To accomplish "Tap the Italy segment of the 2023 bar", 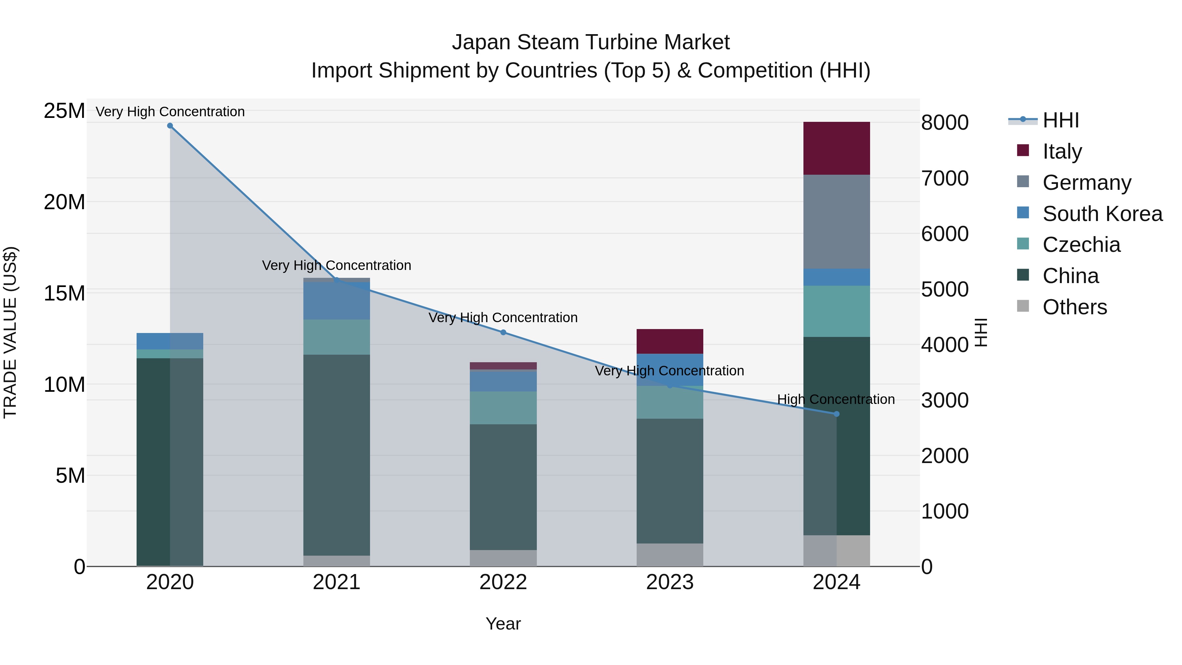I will click(669, 341).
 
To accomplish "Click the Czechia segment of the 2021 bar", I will click(336, 337).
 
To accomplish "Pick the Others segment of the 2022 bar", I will click(503, 558).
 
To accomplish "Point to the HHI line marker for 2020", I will click(170, 126).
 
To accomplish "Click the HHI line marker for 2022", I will click(503, 332).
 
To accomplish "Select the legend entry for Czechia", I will click(1081, 245).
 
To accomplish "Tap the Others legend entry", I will click(1074, 307).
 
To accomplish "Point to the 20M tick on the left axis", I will click(64, 202).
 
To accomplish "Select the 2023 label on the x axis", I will click(669, 582).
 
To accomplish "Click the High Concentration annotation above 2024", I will click(836, 399).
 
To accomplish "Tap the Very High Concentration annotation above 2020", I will click(170, 112).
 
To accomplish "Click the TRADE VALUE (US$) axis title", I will click(10, 332).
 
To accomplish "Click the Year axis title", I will click(503, 624).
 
